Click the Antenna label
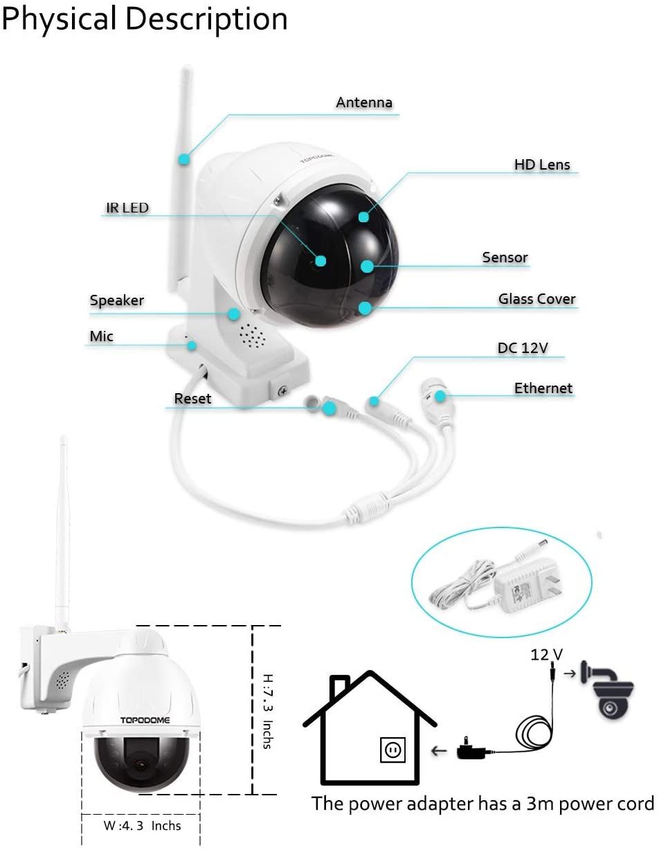tap(363, 102)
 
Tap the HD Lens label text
tap(542, 165)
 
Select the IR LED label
tap(127, 208)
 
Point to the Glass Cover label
tap(536, 299)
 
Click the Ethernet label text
tap(543, 388)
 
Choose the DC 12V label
tap(523, 347)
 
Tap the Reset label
tap(192, 399)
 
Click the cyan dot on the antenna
tap(184, 159)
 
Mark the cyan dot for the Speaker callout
tap(234, 314)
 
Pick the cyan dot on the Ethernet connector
tap(440, 396)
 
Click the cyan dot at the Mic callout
tap(191, 346)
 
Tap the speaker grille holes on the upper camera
tap(252, 336)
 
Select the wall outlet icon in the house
tap(392, 750)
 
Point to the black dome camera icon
tap(607, 690)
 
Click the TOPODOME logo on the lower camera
tap(145, 720)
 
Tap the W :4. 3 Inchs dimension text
tap(142, 825)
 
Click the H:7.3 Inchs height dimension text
tap(268, 711)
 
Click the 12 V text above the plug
tap(546, 654)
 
